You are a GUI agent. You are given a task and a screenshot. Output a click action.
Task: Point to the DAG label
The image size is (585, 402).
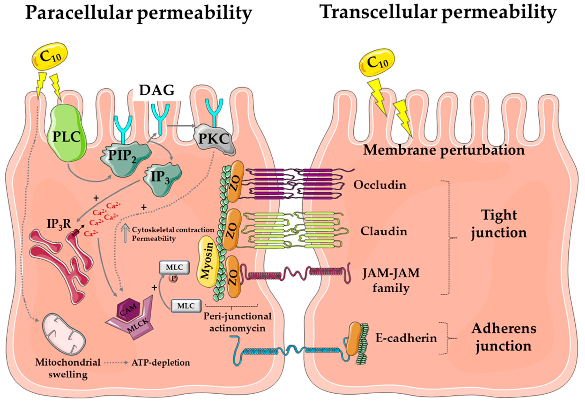tap(157, 90)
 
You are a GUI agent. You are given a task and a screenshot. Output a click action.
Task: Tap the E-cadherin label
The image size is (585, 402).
tap(406, 338)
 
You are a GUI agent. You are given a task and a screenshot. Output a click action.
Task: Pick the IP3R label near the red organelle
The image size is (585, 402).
tap(59, 224)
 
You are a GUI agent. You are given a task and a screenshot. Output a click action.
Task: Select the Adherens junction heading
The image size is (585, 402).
tap(504, 338)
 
